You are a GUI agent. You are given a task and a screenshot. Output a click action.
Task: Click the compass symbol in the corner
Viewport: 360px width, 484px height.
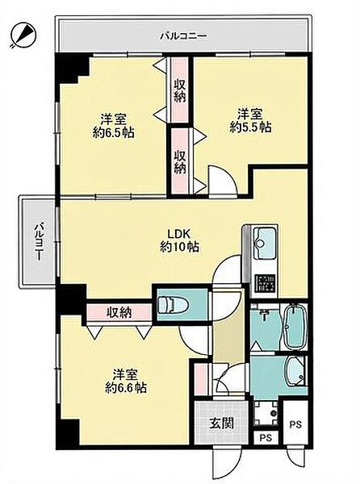coord(23,35)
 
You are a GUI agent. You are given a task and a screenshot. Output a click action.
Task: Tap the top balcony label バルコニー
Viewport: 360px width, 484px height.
coord(184,36)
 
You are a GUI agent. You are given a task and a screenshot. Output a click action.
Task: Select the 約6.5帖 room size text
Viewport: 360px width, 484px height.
coord(114,133)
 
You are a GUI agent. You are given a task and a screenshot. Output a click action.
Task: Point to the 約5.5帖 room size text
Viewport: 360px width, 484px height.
coord(251,127)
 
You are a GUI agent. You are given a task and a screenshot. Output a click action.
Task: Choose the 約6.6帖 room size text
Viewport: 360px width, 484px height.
coord(126,387)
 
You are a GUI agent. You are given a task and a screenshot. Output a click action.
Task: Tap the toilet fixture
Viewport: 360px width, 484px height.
coord(173,305)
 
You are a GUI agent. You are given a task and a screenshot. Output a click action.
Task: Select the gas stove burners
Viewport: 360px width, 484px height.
coord(265,283)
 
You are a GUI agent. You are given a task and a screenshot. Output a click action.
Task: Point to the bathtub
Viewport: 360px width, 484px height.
coord(295,327)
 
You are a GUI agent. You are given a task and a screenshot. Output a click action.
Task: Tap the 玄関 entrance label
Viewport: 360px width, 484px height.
coord(222,423)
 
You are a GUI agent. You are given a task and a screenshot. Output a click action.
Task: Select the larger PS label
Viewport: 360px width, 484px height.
coord(295,425)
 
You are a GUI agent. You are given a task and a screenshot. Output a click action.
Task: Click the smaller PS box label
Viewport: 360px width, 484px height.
coord(266,438)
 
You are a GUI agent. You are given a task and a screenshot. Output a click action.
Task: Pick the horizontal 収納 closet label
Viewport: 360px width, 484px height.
coord(119,312)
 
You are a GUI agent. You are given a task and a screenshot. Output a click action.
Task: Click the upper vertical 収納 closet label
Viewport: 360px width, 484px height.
coord(179,91)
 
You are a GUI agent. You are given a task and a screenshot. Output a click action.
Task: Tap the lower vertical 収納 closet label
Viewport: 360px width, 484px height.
coord(179,161)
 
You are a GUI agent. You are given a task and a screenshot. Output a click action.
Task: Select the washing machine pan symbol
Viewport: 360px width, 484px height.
coord(266,413)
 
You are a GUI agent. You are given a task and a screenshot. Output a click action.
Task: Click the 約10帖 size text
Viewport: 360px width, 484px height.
coord(179,247)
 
